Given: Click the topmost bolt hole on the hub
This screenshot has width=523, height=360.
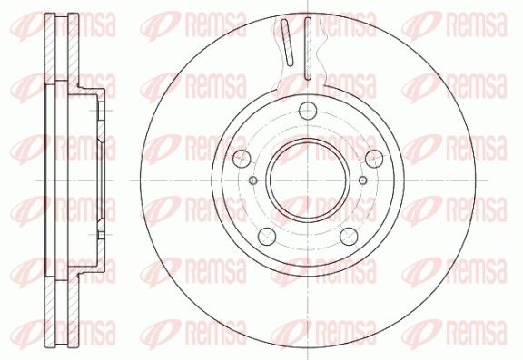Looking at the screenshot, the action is coord(308,111).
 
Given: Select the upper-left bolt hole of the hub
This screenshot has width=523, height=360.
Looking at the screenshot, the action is coord(242,159).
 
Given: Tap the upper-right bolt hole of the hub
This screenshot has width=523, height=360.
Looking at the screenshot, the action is coord(374,159).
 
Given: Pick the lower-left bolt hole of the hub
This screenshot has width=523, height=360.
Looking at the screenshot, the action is coord(267,237).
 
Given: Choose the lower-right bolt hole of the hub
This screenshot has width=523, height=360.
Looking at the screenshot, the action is coord(349,237).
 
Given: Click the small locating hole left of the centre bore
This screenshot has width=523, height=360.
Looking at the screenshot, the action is coord(253,180).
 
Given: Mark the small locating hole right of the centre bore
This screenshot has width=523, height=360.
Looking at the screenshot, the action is coord(362,180).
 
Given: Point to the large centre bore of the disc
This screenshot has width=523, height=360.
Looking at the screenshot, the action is coord(308,180).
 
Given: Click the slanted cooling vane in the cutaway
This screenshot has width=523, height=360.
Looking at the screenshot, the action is coord(287,42).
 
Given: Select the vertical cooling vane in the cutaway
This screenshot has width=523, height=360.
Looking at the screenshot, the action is coord(308,48).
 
